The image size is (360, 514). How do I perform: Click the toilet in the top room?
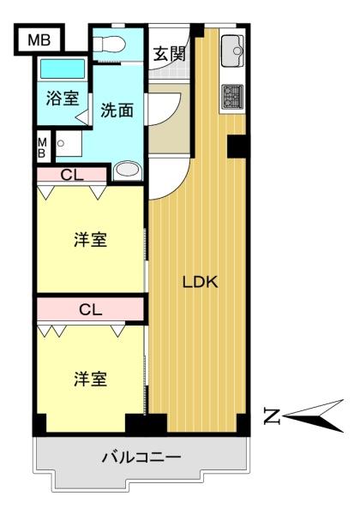click(109, 44)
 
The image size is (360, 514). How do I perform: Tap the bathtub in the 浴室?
click(63, 69)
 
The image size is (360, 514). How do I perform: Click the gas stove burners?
click(232, 96)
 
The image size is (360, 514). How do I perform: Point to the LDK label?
click(200, 282)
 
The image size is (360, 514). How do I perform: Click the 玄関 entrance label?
click(170, 54)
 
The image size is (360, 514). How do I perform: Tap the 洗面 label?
click(117, 110)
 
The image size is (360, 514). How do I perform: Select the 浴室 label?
click(63, 98)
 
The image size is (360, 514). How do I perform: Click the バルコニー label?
click(141, 457)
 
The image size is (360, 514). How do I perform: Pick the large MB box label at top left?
click(39, 40)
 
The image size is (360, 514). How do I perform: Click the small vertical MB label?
click(42, 148)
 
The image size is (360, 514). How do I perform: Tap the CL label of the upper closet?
click(72, 175)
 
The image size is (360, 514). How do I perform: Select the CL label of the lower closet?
click(91, 309)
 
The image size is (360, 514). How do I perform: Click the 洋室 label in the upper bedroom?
click(90, 240)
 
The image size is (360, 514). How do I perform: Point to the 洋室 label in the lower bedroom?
click(90, 379)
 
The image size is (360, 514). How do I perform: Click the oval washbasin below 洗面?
click(128, 170)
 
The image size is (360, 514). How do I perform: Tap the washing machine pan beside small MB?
click(69, 143)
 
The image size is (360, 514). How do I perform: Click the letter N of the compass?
click(272, 416)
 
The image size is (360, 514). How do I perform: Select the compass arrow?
click(313, 416)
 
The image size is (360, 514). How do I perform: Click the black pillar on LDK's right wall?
click(237, 146)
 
